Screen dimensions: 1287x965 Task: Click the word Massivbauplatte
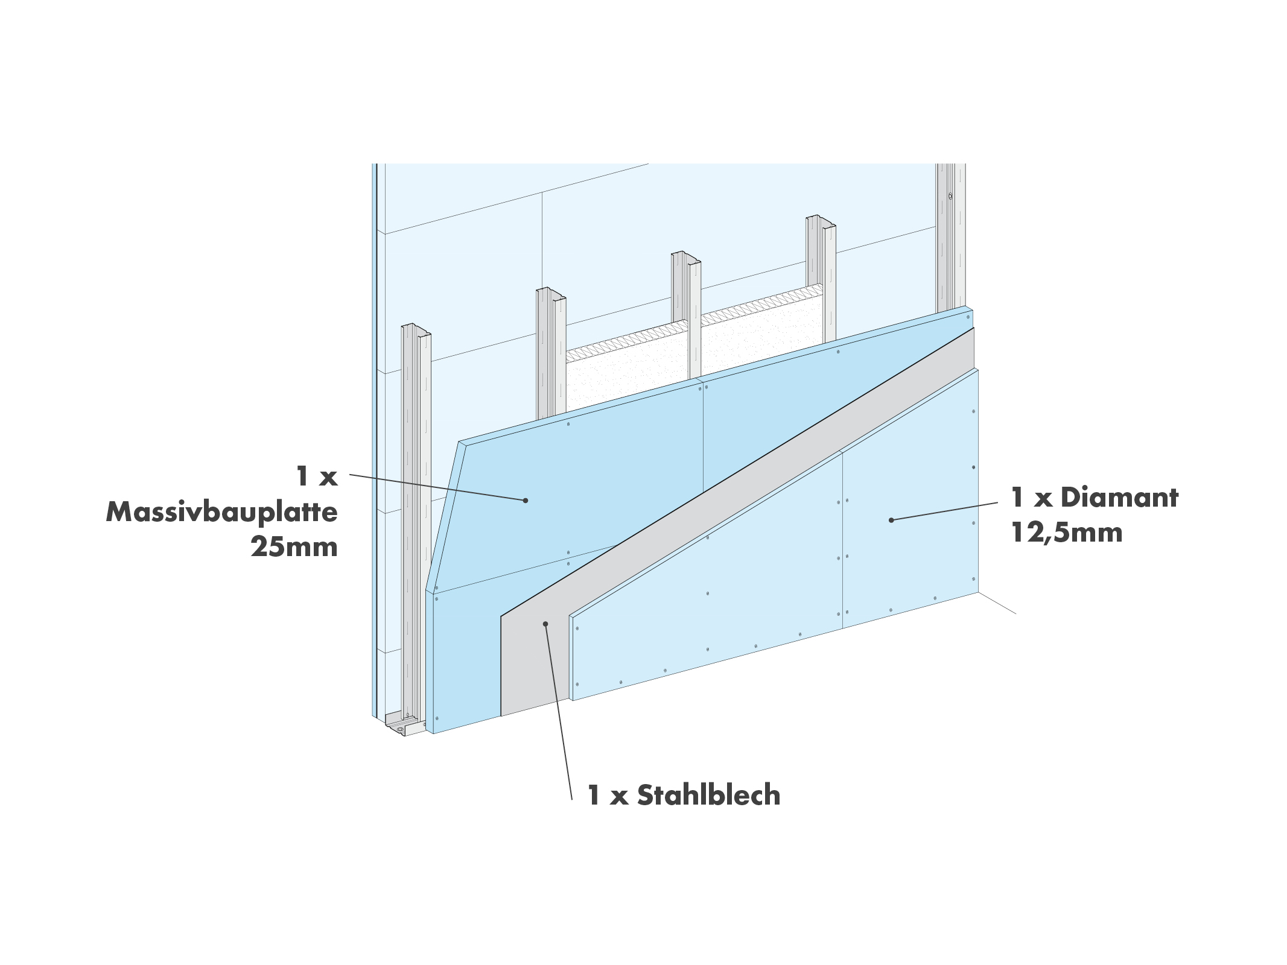point(221,512)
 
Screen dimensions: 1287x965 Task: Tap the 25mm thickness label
point(294,547)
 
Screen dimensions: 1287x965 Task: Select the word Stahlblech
point(708,795)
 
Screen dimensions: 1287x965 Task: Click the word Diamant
point(1119,498)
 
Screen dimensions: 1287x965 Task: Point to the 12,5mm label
point(1067,533)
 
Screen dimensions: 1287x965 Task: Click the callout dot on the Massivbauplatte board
point(526,500)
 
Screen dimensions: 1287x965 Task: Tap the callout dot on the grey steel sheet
point(545,624)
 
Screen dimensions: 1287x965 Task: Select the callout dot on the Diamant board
point(891,520)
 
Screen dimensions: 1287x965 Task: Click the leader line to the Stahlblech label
point(558,712)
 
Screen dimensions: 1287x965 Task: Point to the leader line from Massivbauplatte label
point(437,487)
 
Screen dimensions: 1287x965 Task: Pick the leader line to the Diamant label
point(944,511)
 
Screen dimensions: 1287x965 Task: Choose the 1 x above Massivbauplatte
point(317,477)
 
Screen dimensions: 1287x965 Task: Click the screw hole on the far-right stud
point(950,196)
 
